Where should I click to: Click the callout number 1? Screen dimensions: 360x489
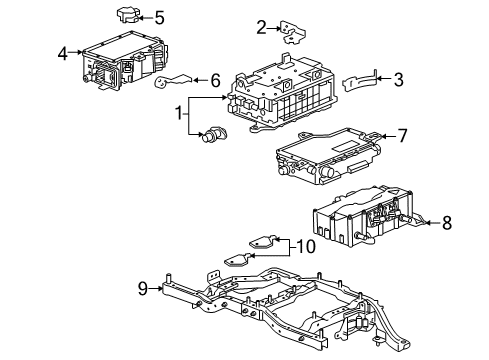pyautogui.click(x=181, y=115)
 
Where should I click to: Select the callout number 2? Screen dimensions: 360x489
pyautogui.click(x=261, y=27)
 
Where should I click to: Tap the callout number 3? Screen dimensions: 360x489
pyautogui.click(x=399, y=79)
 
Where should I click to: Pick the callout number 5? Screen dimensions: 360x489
pyautogui.click(x=159, y=17)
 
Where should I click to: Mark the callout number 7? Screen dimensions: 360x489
pyautogui.click(x=403, y=134)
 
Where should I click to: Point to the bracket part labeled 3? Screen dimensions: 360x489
pyautogui.click(x=362, y=81)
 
